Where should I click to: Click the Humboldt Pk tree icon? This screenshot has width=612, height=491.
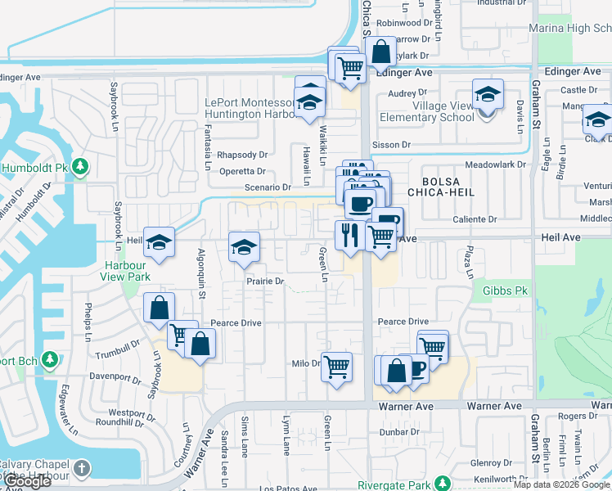(x=80, y=168)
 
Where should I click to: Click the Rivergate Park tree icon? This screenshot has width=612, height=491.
(x=443, y=484)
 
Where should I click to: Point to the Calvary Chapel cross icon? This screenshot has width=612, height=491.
(x=81, y=468)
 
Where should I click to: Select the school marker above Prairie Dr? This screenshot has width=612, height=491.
(x=244, y=246)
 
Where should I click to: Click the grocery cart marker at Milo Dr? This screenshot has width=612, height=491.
(x=336, y=367)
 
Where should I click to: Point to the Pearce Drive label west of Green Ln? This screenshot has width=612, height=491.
(x=236, y=323)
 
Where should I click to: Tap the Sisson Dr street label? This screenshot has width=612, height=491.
(x=391, y=145)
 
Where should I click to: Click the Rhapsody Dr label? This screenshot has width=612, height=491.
(x=242, y=155)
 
